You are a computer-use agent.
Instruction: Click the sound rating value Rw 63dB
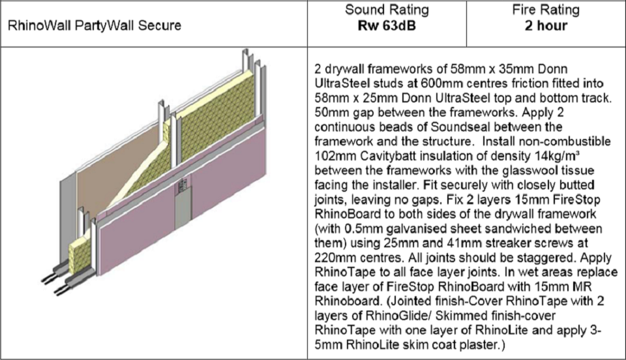pyautogui.click(x=387, y=26)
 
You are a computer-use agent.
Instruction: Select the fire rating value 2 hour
pyautogui.click(x=546, y=26)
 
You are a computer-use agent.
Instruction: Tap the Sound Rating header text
pyautogui.click(x=387, y=10)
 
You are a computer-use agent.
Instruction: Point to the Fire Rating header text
pyautogui.click(x=546, y=10)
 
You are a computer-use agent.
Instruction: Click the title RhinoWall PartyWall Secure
pyautogui.click(x=95, y=25)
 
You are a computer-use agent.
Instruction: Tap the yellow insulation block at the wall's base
pyautogui.click(x=80, y=254)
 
